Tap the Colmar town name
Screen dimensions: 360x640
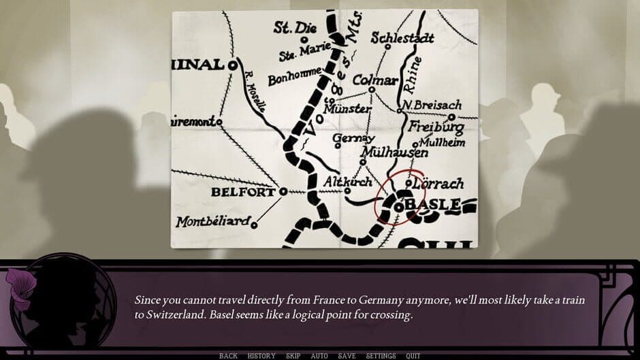point(374,80)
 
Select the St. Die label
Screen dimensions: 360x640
point(292,28)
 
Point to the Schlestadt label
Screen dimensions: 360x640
point(402,38)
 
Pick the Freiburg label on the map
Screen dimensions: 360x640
point(436,127)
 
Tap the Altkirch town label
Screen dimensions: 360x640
point(347,182)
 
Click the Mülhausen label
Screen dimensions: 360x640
point(396,152)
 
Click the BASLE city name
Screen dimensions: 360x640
point(433,203)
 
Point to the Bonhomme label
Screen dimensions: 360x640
point(294,78)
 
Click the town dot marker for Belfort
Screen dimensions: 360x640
point(283,191)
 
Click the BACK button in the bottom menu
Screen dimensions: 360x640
point(228,356)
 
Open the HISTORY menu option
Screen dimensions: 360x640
point(261,356)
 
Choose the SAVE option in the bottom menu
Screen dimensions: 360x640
point(347,356)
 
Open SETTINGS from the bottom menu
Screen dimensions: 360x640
point(381,356)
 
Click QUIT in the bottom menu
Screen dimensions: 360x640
point(413,356)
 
